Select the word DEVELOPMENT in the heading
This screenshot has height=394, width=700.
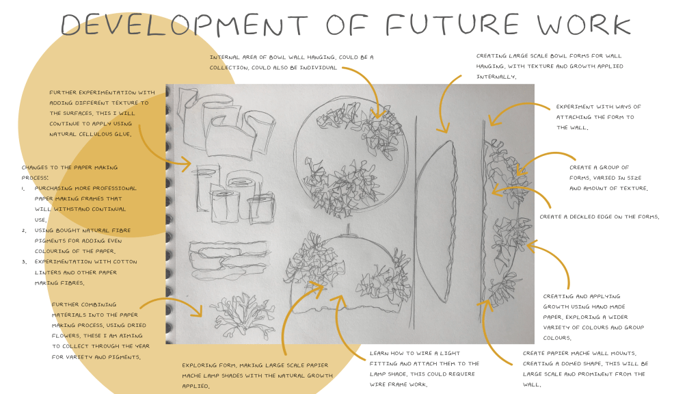pyautogui.click(x=185, y=25)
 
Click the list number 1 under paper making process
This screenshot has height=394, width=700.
pyautogui.click(x=23, y=189)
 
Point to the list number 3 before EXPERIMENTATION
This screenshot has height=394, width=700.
pyautogui.click(x=23, y=262)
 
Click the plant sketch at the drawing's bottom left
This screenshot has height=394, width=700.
pyautogui.click(x=237, y=317)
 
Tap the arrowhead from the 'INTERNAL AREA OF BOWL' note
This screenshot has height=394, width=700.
pyautogui.click(x=378, y=114)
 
